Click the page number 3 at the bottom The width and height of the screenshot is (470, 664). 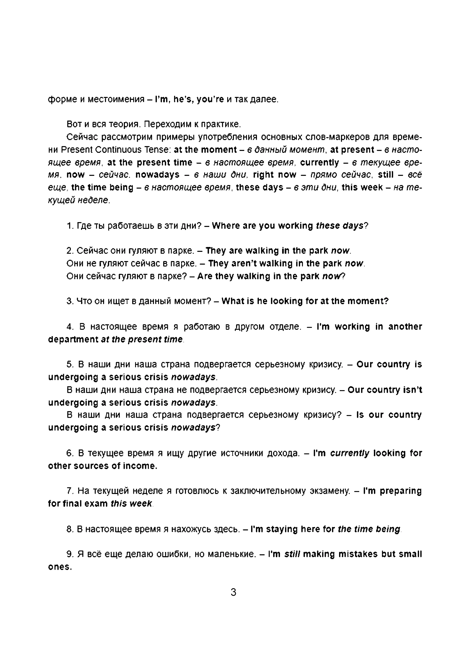click(x=233, y=592)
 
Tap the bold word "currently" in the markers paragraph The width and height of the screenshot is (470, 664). click(x=319, y=163)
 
